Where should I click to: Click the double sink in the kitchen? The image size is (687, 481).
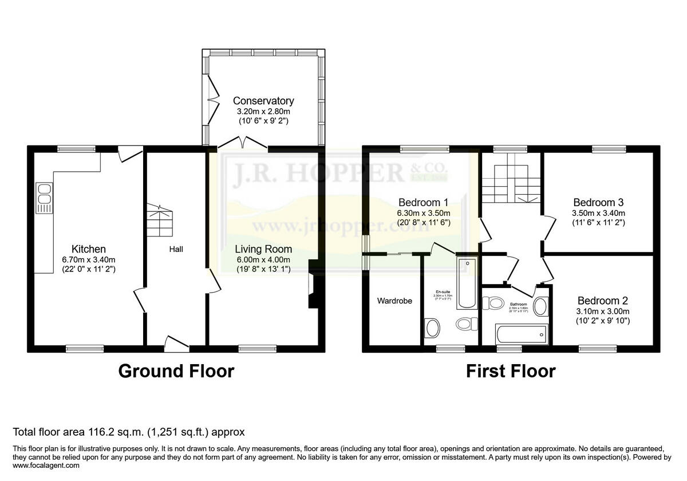[44, 198]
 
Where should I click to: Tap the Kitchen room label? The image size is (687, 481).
[88, 249]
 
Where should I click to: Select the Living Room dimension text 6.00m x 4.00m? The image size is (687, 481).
[263, 259]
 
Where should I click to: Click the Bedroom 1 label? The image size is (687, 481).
[423, 202]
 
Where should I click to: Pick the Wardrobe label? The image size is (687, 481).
[394, 301]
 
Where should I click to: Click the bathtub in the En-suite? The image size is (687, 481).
[467, 283]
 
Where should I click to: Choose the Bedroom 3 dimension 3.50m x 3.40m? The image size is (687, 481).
[598, 213]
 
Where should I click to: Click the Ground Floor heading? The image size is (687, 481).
[176, 371]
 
